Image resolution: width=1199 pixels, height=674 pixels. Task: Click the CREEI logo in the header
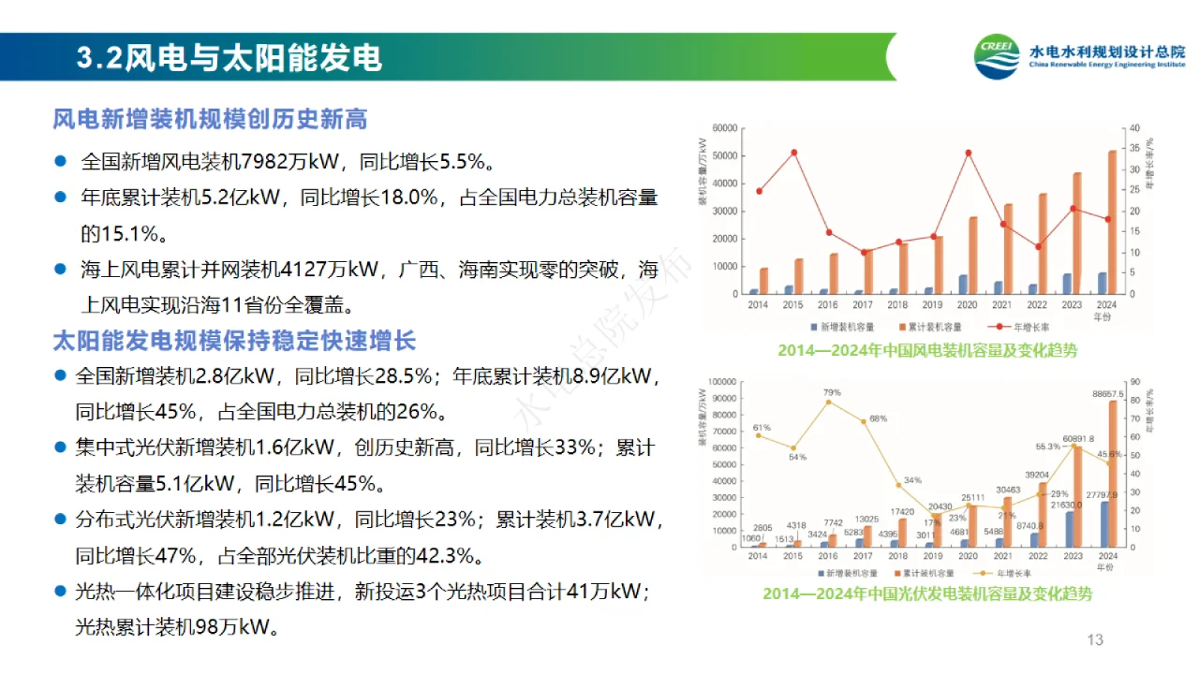pyautogui.click(x=997, y=59)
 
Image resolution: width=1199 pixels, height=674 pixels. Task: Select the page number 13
pyautogui.click(x=1095, y=640)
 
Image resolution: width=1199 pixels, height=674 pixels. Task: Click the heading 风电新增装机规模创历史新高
pyautogui.click(x=210, y=119)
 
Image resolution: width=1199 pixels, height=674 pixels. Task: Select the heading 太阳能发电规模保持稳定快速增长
pyautogui.click(x=234, y=339)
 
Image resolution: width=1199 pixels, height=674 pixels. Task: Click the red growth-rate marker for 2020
pyautogui.click(x=968, y=153)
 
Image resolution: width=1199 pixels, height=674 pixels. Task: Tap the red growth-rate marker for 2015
pyautogui.click(x=793, y=153)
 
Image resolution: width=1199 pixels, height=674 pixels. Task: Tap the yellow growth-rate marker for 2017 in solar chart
pyautogui.click(x=863, y=421)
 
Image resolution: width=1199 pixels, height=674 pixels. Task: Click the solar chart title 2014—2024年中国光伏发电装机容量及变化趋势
pyautogui.click(x=926, y=593)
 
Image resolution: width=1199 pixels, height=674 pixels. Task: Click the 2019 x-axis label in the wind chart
pyautogui.click(x=933, y=305)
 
